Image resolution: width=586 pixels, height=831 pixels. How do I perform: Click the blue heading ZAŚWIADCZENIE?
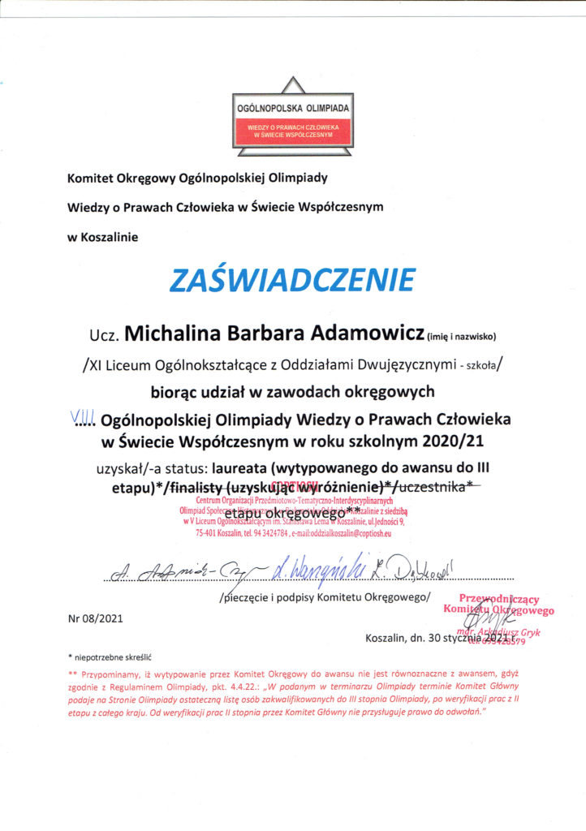pyautogui.click(x=291, y=280)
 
